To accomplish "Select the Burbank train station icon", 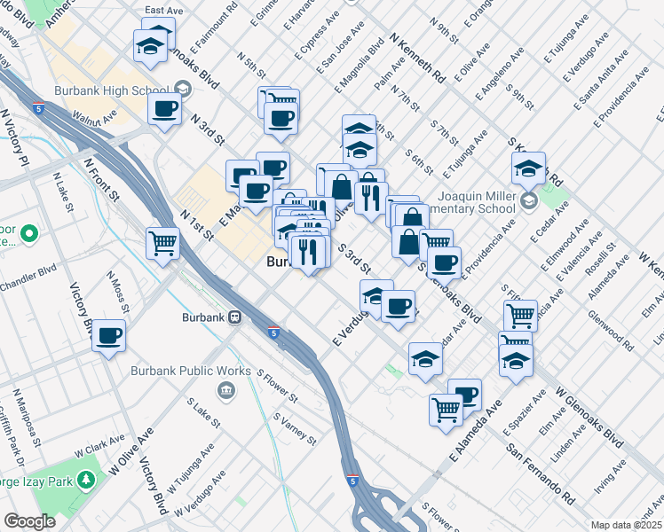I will click(235, 316).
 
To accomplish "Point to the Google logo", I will click(29, 521).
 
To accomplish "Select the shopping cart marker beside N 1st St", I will click(163, 241).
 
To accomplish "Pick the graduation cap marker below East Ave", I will click(151, 45).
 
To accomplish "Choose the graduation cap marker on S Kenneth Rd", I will click(528, 167).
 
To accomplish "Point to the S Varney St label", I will click(295, 428).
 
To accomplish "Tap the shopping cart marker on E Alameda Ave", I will click(446, 409).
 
